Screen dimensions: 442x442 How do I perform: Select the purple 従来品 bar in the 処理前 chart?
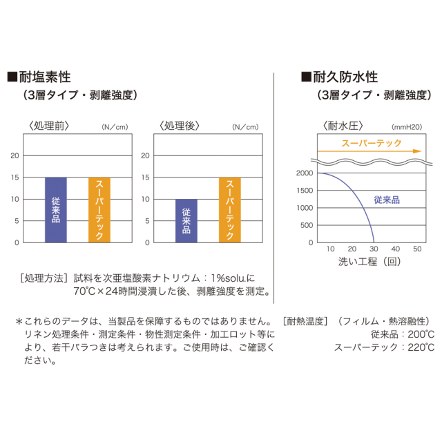point(56,210)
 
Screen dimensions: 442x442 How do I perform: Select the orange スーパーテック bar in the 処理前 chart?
point(99,210)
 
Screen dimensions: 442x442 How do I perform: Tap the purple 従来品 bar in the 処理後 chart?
point(186,220)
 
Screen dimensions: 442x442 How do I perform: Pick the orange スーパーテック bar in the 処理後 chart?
point(229,210)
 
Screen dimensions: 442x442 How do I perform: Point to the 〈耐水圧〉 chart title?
point(343,126)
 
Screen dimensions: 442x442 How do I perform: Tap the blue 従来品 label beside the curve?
point(387,199)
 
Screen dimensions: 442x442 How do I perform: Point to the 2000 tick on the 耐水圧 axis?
point(303,173)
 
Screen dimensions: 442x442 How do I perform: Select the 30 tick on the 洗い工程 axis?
point(374,249)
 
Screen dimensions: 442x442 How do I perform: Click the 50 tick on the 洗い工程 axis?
point(417,249)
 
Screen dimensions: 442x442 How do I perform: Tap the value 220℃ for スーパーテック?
point(421,347)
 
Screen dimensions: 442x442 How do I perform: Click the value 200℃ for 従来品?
point(421,334)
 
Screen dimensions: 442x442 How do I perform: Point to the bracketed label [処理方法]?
point(44,278)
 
